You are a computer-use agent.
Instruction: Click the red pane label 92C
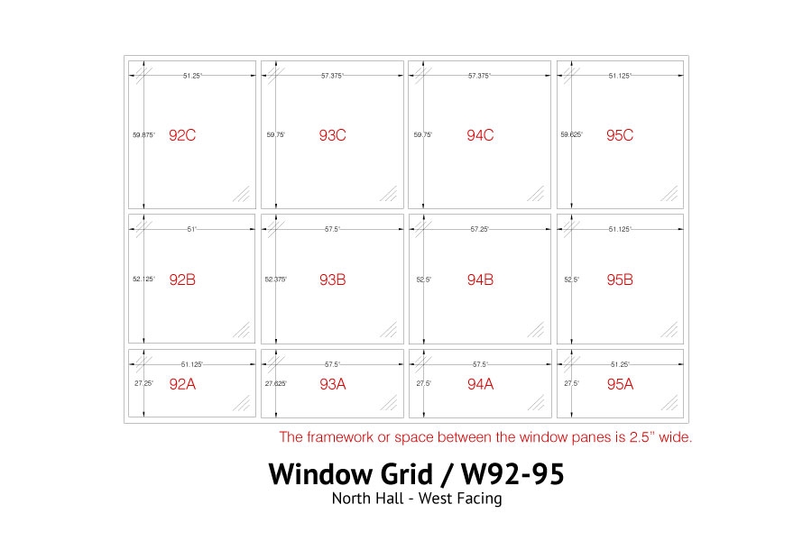coord(182,135)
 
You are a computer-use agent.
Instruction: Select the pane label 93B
coord(332,280)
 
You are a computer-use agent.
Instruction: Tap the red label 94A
coord(480,384)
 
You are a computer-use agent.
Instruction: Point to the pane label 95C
coord(620,135)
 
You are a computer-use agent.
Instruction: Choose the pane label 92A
coord(182,384)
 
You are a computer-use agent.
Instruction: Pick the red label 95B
coord(620,280)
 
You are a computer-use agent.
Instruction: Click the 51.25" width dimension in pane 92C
coord(192,76)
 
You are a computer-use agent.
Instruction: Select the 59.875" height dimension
coord(143,134)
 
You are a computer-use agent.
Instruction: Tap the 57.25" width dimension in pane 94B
coord(480,229)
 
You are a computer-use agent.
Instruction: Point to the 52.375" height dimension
coord(276,279)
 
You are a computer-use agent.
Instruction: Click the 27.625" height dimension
coord(276,383)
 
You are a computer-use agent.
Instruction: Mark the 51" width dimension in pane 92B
coord(192,229)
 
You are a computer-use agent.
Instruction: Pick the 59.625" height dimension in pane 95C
coord(572,134)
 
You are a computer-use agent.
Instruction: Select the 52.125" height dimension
coord(143,279)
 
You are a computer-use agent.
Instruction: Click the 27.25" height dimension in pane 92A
coord(143,383)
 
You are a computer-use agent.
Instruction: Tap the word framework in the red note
coord(340,437)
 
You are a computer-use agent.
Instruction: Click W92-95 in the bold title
coord(512,473)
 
